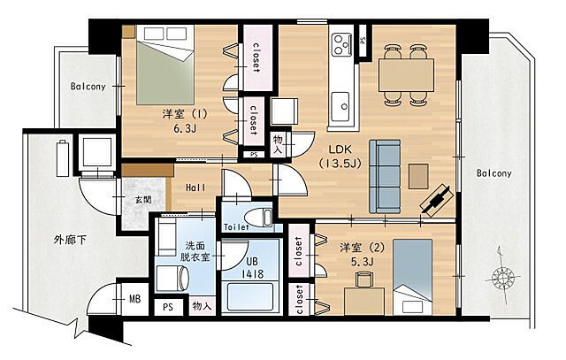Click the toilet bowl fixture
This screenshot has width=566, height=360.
point(258,218)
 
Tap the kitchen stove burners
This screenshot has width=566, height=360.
point(342,44)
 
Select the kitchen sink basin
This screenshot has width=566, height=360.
point(340,106)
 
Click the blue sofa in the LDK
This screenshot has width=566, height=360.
point(385,177)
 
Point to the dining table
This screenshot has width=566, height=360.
point(406,75)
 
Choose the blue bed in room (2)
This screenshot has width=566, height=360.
point(413,277)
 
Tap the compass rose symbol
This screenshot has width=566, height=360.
point(502,278)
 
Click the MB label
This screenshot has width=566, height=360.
point(135,299)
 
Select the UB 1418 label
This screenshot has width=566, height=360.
point(253,267)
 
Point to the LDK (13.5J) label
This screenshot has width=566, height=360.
point(340,156)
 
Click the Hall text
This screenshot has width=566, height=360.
point(195,188)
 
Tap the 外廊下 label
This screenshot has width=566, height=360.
point(70,240)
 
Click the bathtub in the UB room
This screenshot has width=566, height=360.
point(251,297)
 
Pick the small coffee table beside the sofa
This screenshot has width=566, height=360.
point(418,176)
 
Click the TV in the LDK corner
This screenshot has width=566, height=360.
point(438,199)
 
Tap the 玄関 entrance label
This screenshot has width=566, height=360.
point(143,199)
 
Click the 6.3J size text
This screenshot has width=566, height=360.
point(185,128)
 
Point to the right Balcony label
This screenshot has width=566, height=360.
point(493,173)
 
